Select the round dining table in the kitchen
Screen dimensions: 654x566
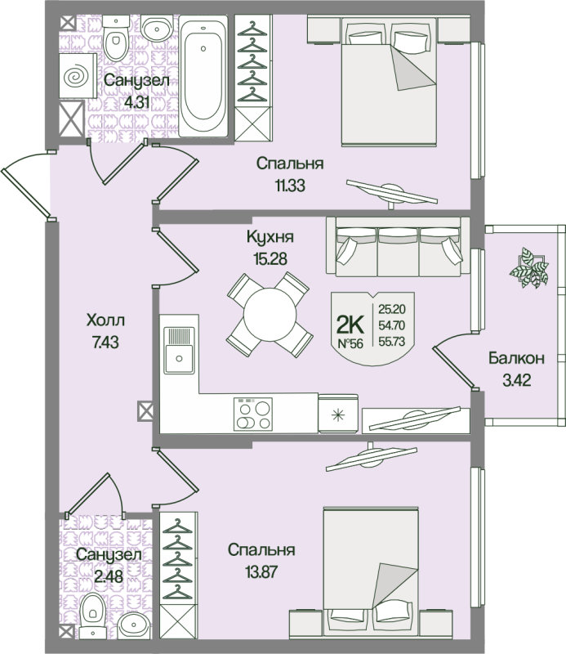point(269,313)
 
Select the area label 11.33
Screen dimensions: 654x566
point(289,185)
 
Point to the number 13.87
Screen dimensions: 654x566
point(261,571)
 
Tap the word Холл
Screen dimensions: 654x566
point(105,321)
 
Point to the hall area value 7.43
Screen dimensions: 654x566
point(105,343)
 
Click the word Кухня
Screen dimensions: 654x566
point(270,237)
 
